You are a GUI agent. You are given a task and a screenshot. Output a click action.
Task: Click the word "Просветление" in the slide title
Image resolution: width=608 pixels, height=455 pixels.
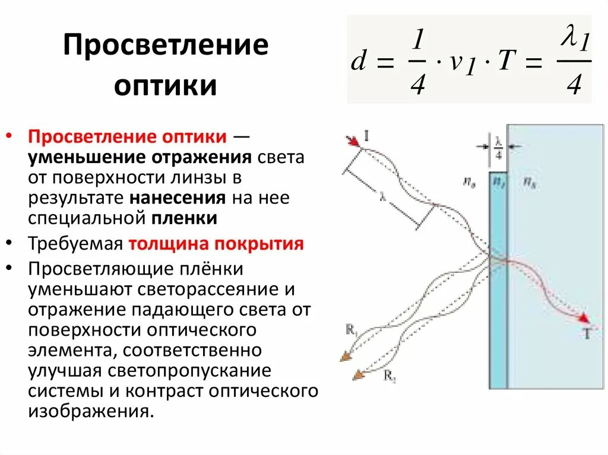(x=166, y=47)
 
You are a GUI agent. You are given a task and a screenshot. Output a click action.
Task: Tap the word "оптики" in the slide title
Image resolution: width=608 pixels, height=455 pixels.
(x=165, y=86)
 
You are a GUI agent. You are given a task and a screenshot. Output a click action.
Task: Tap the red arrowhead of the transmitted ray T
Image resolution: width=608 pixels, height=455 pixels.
(x=584, y=318)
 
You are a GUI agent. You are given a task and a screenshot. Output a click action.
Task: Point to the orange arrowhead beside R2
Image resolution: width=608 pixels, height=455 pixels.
(x=358, y=374)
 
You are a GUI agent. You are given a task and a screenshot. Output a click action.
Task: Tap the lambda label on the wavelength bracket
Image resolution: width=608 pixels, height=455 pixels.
(x=384, y=200)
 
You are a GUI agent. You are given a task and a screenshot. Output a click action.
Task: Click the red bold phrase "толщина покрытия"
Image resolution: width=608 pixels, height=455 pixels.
(x=217, y=244)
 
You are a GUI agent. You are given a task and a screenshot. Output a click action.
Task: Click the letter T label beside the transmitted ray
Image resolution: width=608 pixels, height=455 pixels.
(x=587, y=334)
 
